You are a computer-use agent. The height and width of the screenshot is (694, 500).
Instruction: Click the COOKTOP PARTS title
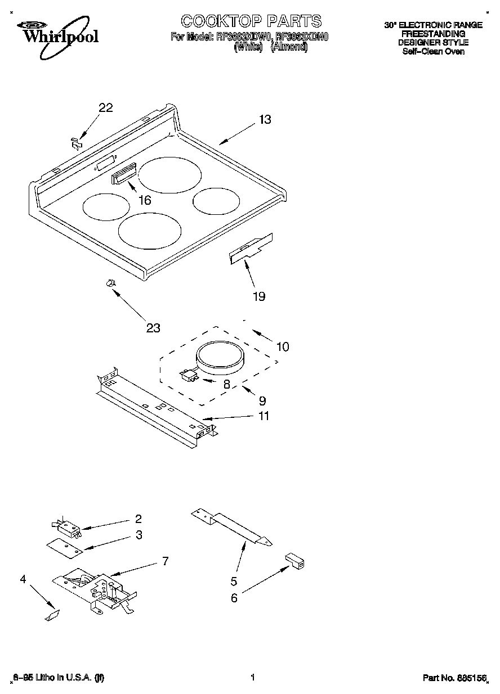tap(251, 21)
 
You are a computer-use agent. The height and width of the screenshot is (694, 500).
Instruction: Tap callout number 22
tap(106, 109)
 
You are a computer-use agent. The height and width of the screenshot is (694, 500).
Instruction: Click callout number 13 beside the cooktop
tap(265, 119)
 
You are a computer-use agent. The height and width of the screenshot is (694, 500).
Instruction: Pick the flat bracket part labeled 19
tap(251, 249)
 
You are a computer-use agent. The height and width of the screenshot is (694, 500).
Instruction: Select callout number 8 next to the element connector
tap(227, 385)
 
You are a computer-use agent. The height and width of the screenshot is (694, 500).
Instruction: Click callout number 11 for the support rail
tap(263, 416)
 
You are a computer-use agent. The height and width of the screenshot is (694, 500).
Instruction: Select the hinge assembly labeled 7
tap(101, 591)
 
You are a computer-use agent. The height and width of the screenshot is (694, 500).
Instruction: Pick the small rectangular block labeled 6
tap(294, 560)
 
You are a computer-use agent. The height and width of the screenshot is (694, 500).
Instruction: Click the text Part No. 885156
tap(454, 678)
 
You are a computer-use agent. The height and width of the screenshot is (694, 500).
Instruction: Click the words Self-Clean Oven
tap(433, 51)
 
